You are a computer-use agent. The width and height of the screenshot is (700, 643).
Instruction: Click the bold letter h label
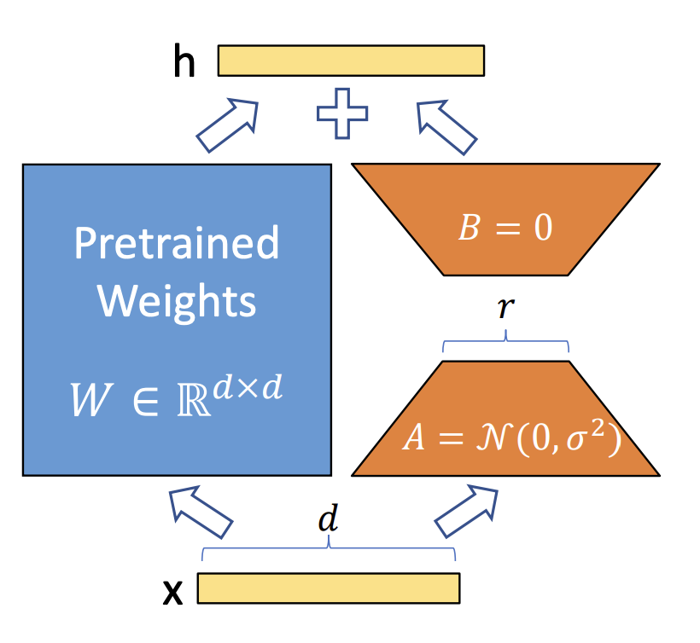coord(184,63)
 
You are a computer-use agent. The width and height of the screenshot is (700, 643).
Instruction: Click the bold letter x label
coord(173,591)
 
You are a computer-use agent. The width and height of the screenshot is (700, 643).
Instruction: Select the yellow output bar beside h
coord(351,60)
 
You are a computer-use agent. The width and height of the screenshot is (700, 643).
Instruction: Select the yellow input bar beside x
coord(329,588)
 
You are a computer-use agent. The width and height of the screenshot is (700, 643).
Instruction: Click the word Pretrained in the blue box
coord(177,244)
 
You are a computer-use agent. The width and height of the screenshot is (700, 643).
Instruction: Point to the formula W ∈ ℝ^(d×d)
coord(177,398)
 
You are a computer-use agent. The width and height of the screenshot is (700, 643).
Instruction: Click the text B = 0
coord(505,229)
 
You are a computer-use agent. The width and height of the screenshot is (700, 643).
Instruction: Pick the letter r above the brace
coord(505,309)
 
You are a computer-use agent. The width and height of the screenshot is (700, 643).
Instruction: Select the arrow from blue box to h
coord(227,125)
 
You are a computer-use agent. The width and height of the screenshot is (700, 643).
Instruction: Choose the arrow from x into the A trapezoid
coord(467,511)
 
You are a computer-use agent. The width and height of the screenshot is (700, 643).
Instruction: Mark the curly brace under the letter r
coord(505,344)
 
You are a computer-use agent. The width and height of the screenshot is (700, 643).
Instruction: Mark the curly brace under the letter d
coord(328,549)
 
